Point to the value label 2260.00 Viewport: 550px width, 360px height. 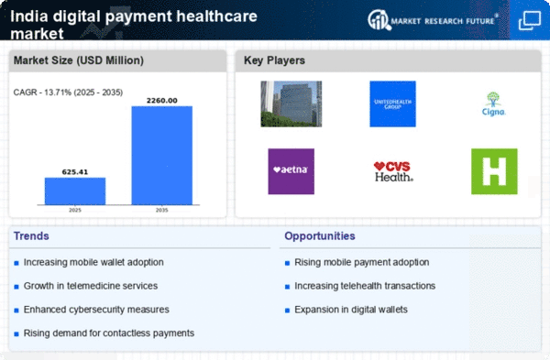(161, 101)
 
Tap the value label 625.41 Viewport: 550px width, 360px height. (75, 171)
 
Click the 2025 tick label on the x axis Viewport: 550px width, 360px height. (75, 210)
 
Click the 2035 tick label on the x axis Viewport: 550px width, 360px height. (161, 210)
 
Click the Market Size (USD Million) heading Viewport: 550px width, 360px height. (79, 60)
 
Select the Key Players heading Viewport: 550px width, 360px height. (275, 60)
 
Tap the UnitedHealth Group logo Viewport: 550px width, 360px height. (393, 104)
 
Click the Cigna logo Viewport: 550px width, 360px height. (494, 104)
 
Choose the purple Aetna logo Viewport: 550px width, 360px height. (291, 171)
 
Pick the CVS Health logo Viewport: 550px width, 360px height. (393, 171)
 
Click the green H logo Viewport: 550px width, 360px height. (494, 171)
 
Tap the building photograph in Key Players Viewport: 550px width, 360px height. (291, 104)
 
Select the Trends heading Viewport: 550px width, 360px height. (32, 236)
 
